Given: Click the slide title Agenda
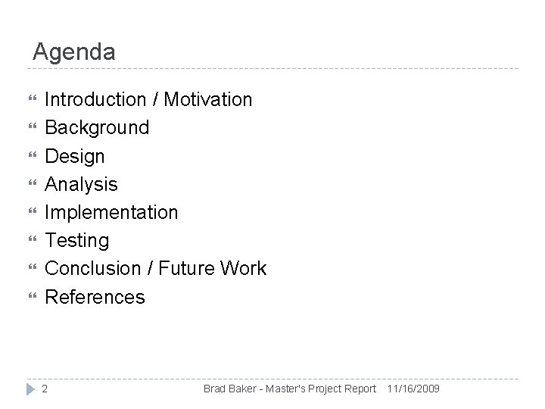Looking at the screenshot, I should coord(74,52).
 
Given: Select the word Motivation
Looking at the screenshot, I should coord(208,99).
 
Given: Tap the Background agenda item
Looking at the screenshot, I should coord(97,127).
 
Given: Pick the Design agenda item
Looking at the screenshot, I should coord(75,156).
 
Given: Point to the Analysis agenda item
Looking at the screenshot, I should coord(82,184).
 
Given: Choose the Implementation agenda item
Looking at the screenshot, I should coord(112,212).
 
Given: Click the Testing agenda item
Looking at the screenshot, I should coord(77,241).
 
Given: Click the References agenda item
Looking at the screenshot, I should coord(95,297).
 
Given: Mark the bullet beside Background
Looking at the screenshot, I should coord(30,127).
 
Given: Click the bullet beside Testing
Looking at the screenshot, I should coord(30,241).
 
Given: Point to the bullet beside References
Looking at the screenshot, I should coord(30,297).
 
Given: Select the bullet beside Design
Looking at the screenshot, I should coord(30,156).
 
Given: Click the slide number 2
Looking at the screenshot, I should coord(45,389).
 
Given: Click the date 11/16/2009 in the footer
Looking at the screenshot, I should coord(413,389).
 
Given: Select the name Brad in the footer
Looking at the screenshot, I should coord(215,389).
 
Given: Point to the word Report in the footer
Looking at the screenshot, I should coord(360,389).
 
